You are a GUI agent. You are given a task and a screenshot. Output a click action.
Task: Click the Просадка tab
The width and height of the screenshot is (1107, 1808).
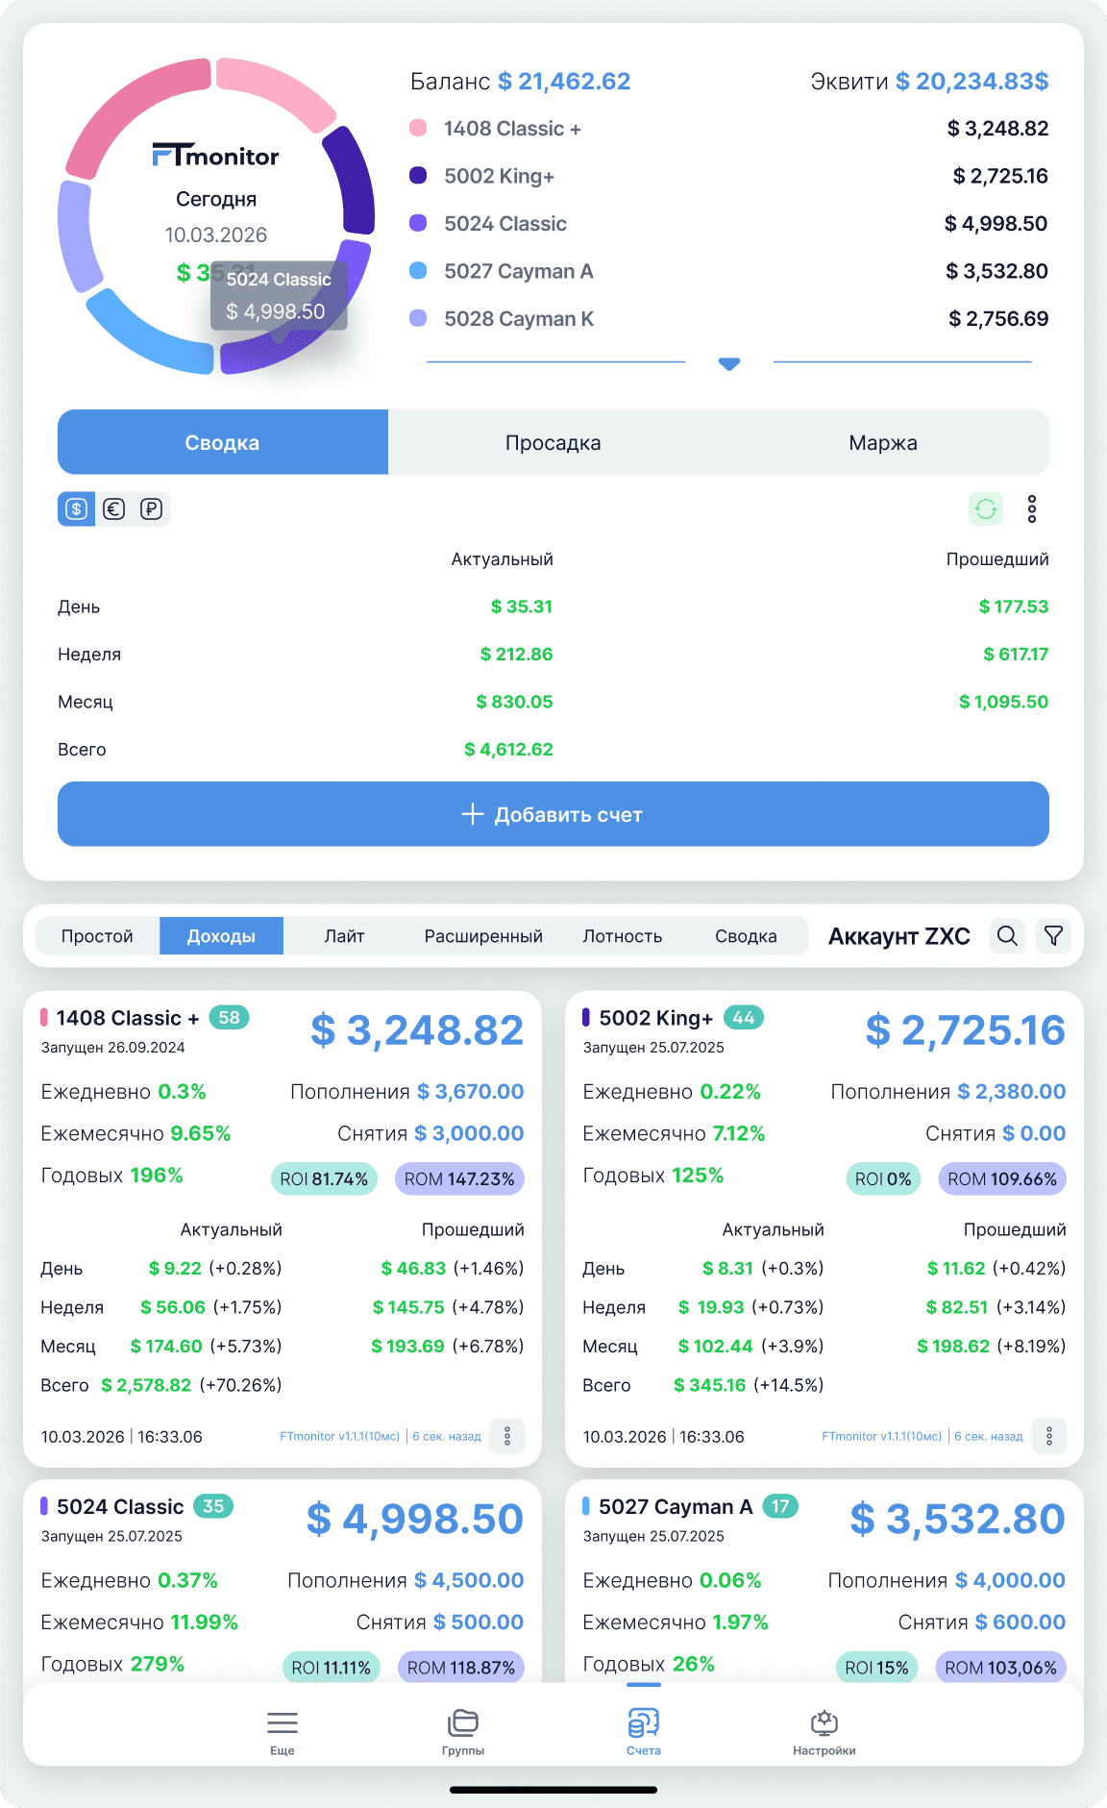pyautogui.click(x=553, y=442)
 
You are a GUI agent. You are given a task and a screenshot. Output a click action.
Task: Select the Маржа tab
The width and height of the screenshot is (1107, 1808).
pyautogui.click(x=883, y=442)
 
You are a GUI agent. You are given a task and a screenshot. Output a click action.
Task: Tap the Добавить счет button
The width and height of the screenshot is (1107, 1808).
pyautogui.click(x=553, y=814)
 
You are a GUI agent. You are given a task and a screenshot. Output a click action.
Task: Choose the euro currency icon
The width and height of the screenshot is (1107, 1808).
pyautogui.click(x=114, y=508)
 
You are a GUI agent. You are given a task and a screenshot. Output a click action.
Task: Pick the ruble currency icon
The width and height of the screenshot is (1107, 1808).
pyautogui.click(x=152, y=508)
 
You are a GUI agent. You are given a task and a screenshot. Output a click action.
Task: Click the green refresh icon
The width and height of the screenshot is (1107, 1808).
pyautogui.click(x=986, y=508)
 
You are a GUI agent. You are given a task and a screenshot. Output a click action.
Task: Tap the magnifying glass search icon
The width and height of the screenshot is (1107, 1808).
pyautogui.click(x=1007, y=935)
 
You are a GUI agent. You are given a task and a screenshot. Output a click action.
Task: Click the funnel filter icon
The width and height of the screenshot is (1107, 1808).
pyautogui.click(x=1054, y=935)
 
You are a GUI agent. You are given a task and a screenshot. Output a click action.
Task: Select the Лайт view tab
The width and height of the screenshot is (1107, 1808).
pyautogui.click(x=344, y=935)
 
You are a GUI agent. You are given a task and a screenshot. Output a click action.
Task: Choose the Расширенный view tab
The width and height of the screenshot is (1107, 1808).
pyautogui.click(x=483, y=935)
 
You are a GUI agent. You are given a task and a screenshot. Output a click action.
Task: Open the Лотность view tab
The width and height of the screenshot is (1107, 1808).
pyautogui.click(x=623, y=935)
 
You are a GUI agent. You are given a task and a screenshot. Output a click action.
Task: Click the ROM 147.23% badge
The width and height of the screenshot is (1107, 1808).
pyautogui.click(x=459, y=1178)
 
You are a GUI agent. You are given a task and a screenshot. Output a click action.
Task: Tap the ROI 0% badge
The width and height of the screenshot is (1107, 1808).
pyautogui.click(x=883, y=1178)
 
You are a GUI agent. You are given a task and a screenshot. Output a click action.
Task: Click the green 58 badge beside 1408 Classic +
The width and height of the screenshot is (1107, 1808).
pyautogui.click(x=229, y=1018)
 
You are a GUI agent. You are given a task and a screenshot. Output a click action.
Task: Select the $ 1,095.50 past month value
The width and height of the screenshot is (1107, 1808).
pyautogui.click(x=1003, y=702)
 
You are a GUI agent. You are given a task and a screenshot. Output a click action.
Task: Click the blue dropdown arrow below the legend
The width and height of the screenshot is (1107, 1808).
pyautogui.click(x=729, y=363)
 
